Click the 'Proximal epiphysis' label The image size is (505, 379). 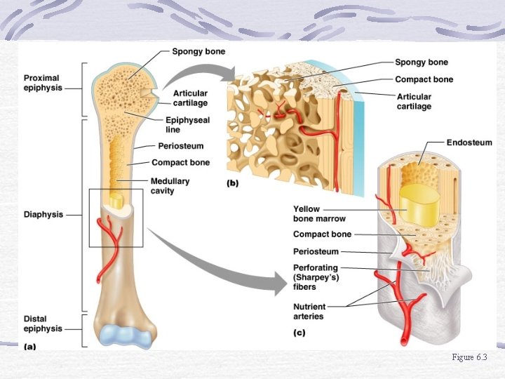(43, 83)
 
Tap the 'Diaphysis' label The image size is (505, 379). (43, 215)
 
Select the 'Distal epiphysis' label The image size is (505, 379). (43, 324)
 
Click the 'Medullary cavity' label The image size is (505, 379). (170, 186)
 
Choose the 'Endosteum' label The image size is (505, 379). (469, 142)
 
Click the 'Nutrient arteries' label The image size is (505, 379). (309, 311)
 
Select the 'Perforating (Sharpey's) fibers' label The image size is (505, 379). (316, 277)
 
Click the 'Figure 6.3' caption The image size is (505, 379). (469, 358)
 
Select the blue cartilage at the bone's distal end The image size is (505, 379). (126, 335)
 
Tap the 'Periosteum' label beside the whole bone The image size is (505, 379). (181, 146)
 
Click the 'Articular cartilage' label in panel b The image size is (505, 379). (414, 102)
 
